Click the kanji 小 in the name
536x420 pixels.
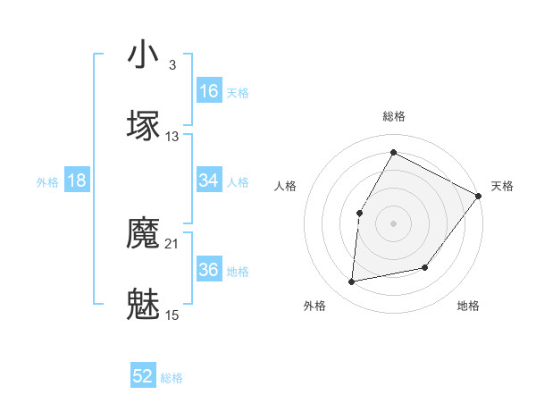[x=144, y=55]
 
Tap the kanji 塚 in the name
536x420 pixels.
[x=144, y=125]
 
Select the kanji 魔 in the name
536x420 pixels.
[x=144, y=235]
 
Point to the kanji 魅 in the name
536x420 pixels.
[x=144, y=304]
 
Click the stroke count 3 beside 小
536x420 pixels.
[x=172, y=65]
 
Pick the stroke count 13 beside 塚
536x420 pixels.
[x=172, y=137]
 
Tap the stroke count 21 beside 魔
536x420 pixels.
[x=172, y=243]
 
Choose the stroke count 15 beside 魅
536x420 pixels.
[x=172, y=315]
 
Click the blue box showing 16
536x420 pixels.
[x=209, y=91]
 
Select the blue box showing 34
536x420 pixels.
[x=209, y=181]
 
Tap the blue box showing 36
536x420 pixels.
[x=209, y=270]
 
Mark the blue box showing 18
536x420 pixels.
[x=77, y=181]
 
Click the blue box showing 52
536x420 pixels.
[x=143, y=377]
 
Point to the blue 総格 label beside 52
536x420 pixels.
[x=172, y=378]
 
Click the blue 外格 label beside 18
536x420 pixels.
[x=47, y=181]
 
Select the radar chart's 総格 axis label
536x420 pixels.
[x=393, y=116]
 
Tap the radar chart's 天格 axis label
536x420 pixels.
[x=503, y=186]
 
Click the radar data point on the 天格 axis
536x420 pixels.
[x=478, y=196]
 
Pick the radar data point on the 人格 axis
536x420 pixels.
[x=359, y=213]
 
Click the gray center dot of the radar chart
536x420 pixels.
[x=393, y=223]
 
